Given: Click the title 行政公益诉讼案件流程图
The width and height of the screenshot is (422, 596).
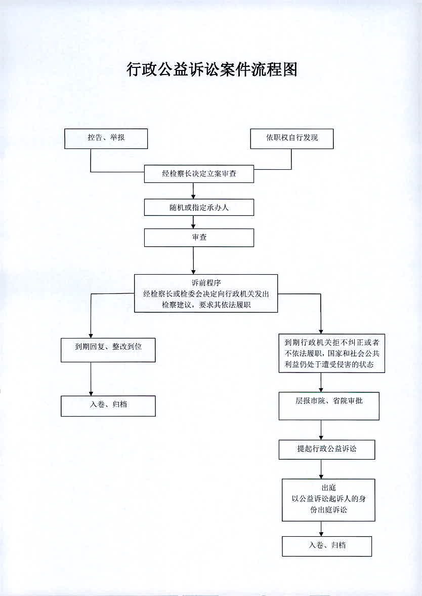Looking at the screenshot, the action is [x=212, y=69].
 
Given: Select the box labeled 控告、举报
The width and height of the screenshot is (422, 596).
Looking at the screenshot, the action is [x=106, y=138].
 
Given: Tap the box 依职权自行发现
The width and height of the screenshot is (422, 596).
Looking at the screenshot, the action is [x=292, y=138].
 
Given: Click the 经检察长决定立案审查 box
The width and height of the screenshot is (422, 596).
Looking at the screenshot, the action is [x=199, y=174].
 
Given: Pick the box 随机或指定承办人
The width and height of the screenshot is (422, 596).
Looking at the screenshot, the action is [x=199, y=208].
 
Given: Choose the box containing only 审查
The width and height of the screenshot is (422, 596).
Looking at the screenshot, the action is [x=199, y=238].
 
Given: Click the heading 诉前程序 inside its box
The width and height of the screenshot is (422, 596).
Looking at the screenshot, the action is [x=206, y=283].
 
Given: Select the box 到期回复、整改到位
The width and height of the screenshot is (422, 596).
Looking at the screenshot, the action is [x=108, y=350].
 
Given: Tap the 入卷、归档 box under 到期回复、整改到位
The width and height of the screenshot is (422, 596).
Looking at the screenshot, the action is [x=108, y=406].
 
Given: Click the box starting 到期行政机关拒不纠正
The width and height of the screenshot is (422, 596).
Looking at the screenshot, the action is [x=332, y=354].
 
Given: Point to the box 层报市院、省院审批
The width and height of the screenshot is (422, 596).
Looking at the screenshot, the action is [x=329, y=406].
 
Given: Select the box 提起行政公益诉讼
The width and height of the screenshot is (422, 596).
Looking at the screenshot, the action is [x=327, y=450].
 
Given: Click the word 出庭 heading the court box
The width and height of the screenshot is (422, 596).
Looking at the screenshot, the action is [x=329, y=488].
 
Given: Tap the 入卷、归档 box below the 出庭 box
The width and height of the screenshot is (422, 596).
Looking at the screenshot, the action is [x=327, y=546].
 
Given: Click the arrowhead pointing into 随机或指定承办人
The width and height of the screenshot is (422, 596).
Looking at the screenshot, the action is [x=193, y=196].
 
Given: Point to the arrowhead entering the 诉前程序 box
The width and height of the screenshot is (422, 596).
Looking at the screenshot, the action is [x=193, y=272].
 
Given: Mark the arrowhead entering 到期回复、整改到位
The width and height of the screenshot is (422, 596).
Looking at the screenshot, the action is [x=91, y=336].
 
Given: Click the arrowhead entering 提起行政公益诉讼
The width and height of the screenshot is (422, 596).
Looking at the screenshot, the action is [x=321, y=437].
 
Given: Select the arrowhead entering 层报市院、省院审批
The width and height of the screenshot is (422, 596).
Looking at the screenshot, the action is [x=321, y=389].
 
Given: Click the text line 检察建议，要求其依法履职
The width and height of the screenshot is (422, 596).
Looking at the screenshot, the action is [x=206, y=305].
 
